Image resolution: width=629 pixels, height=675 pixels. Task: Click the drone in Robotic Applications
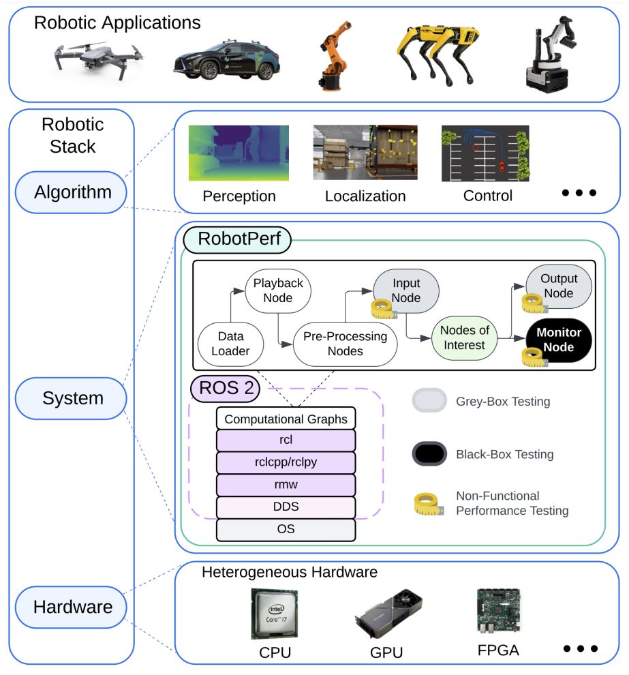pyautogui.click(x=98, y=60)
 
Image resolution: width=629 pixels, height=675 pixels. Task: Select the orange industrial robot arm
pyautogui.click(x=333, y=56)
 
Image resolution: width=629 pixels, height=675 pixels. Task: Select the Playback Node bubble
pyautogui.click(x=278, y=290)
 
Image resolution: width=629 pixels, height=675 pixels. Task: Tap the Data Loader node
pyautogui.click(x=230, y=344)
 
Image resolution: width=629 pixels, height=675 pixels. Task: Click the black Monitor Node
pyautogui.click(x=559, y=340)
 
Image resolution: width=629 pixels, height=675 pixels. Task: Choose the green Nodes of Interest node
pyautogui.click(x=465, y=338)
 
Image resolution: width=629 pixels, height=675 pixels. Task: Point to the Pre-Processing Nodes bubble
pyautogui.click(x=345, y=344)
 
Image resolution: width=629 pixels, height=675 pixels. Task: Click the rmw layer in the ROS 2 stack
pyautogui.click(x=286, y=485)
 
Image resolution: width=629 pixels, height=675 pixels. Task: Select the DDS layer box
pyautogui.click(x=286, y=507)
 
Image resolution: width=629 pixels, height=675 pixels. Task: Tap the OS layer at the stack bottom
pyautogui.click(x=286, y=530)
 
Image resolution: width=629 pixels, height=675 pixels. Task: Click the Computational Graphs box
pyautogui.click(x=286, y=419)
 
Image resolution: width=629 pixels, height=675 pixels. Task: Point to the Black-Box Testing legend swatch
pyautogui.click(x=429, y=453)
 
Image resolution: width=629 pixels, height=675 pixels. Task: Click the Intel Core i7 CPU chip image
pyautogui.click(x=275, y=614)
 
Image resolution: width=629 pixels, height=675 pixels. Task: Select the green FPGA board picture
pyautogui.click(x=499, y=611)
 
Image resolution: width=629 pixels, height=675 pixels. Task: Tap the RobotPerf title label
pyautogui.click(x=239, y=239)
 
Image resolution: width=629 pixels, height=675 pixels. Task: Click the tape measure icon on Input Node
pyautogui.click(x=384, y=309)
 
